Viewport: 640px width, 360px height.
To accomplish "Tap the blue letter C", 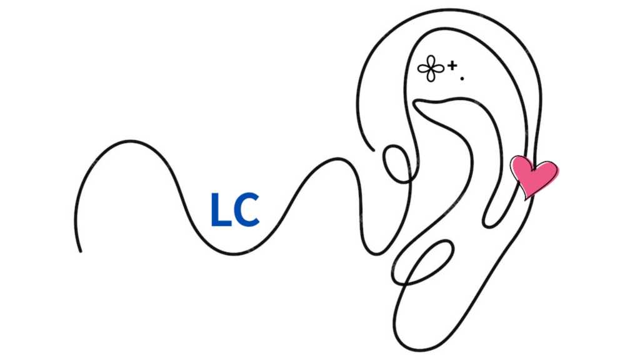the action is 246,211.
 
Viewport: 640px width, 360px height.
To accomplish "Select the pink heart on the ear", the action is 533,175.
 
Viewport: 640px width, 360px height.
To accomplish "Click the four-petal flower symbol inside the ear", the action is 431,68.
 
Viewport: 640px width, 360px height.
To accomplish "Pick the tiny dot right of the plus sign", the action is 462,78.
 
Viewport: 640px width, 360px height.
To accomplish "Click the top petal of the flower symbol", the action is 431,61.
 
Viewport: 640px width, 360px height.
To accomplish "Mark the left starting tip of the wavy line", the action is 80,251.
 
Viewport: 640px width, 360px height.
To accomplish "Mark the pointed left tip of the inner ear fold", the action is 415,106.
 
